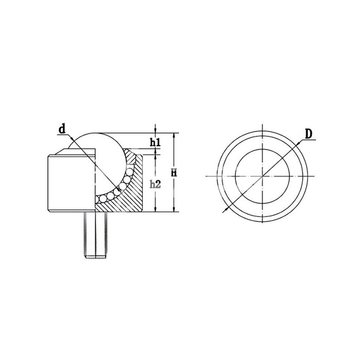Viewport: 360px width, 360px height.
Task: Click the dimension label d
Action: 62,129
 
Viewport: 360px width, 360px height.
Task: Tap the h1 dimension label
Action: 155,142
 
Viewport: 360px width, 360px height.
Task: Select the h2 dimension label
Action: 155,184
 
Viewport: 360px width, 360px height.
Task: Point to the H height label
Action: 174,173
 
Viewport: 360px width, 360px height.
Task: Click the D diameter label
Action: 309,134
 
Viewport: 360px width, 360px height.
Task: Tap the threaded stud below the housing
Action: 95,235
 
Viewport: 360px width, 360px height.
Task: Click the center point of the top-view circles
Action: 263,176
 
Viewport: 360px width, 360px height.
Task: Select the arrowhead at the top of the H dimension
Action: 174,136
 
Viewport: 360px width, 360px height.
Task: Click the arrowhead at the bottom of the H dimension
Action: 174,209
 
